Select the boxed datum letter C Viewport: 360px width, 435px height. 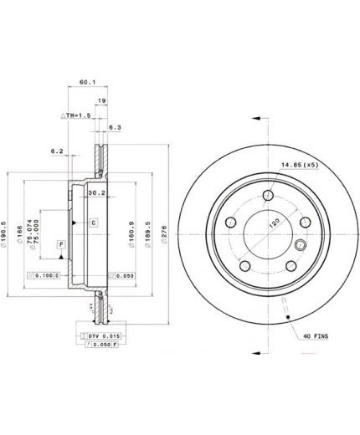[93, 222]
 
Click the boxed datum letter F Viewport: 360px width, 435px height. [60, 244]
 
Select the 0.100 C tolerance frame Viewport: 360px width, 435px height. [43, 274]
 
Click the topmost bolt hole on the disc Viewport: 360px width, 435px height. [267, 195]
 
